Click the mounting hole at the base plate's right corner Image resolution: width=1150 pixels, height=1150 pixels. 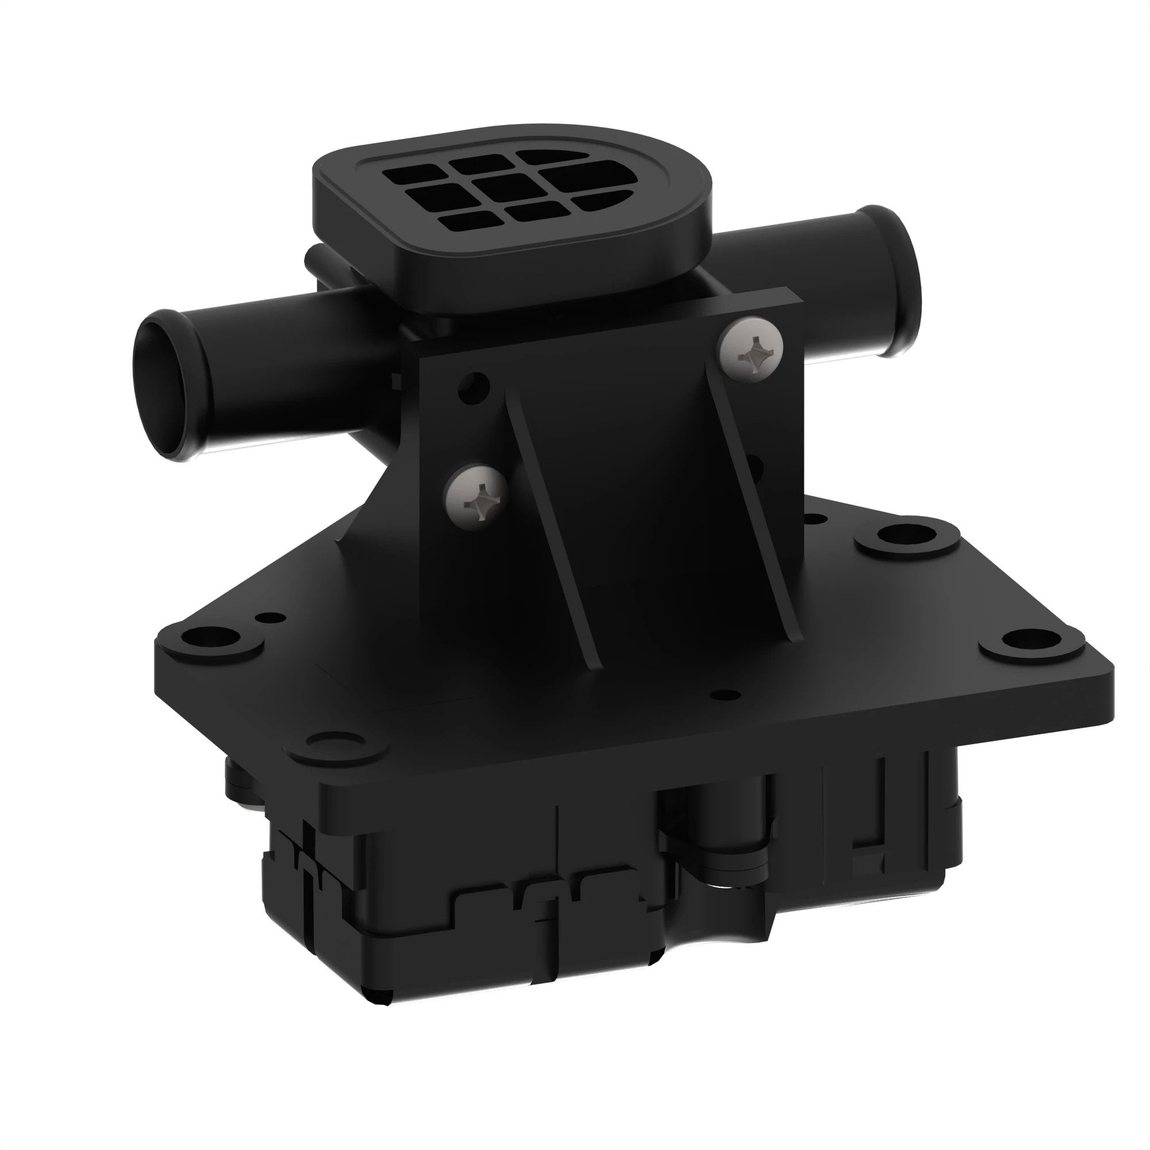(1030, 641)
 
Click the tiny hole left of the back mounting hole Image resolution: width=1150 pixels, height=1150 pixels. (811, 519)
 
